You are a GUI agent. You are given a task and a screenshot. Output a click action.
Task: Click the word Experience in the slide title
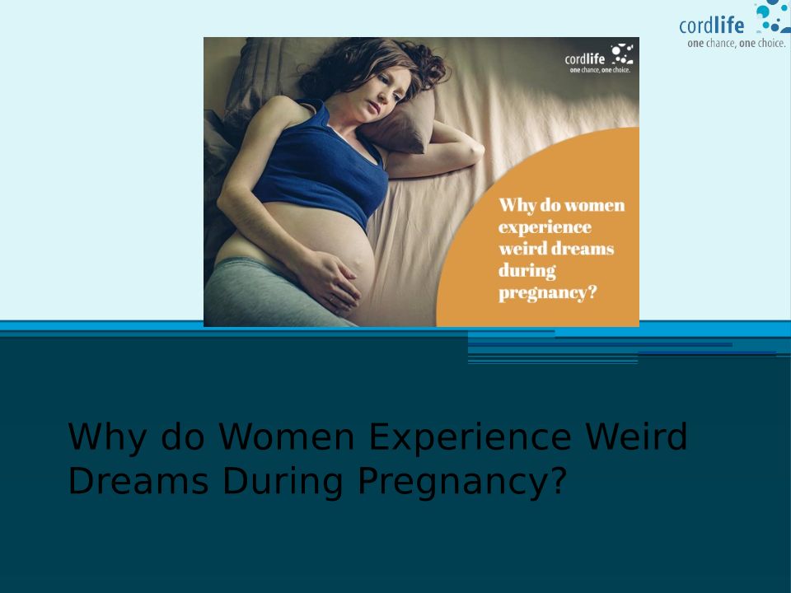pyautogui.click(x=470, y=437)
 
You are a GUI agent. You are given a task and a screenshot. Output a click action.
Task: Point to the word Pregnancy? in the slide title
pyautogui.click(x=462, y=483)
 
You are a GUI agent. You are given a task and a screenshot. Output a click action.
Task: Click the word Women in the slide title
pyautogui.click(x=287, y=437)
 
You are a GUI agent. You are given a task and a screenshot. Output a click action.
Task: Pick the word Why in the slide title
pyautogui.click(x=107, y=437)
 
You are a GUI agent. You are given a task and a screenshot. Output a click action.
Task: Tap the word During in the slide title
pyautogui.click(x=283, y=483)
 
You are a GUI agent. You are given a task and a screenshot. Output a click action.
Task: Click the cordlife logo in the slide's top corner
pyautogui.click(x=734, y=24)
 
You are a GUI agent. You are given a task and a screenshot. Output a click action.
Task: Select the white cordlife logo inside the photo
pyautogui.click(x=599, y=58)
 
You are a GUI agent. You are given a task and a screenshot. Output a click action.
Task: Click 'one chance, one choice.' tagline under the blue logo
pyautogui.click(x=736, y=44)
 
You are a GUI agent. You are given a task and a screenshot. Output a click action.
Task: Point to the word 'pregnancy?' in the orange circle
pyautogui.click(x=547, y=293)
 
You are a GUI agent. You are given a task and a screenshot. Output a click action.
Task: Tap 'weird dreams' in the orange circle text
pyautogui.click(x=556, y=249)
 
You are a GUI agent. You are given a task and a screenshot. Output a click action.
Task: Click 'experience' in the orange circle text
pyautogui.click(x=545, y=227)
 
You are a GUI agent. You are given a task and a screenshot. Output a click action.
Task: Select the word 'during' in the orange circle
pyautogui.click(x=527, y=271)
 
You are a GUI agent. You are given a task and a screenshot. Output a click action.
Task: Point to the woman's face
pyautogui.click(x=385, y=91)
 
